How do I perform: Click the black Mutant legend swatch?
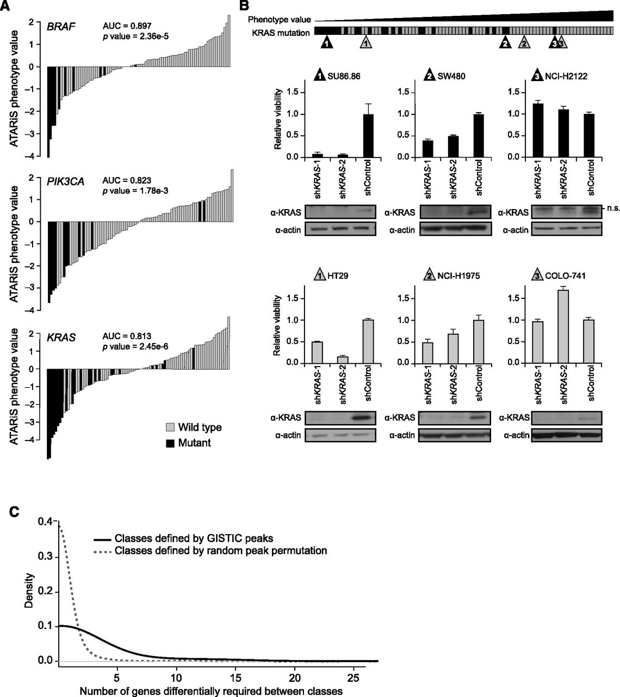coord(170,443)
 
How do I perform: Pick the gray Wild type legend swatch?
coord(170,427)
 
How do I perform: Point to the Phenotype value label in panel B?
coord(279,19)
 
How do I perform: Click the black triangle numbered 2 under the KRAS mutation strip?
coord(505,42)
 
